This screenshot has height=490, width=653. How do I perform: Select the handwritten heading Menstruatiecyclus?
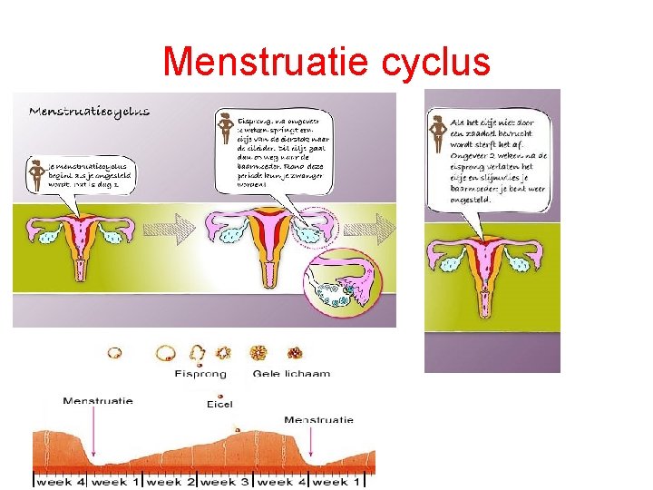pyautogui.click(x=90, y=112)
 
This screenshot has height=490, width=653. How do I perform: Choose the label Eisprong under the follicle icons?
pyautogui.click(x=200, y=373)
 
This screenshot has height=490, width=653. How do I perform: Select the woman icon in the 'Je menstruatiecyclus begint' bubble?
pyautogui.click(x=37, y=172)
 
